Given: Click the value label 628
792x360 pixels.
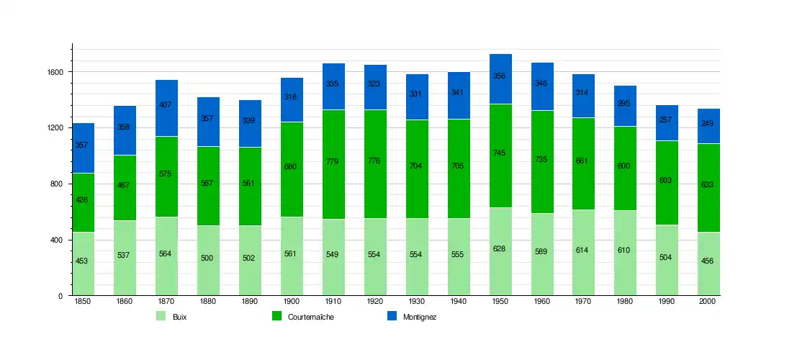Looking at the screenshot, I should point(499,248).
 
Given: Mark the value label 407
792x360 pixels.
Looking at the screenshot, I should point(165,104).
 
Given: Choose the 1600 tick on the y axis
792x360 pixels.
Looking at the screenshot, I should point(56,72).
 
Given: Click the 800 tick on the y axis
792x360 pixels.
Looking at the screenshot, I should point(58,184).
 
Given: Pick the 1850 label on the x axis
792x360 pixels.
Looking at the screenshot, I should point(83,302).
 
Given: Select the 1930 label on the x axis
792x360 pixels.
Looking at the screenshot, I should point(417,302).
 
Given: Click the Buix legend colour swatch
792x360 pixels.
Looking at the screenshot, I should point(161,316).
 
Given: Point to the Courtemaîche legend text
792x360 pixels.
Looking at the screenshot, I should point(310,317).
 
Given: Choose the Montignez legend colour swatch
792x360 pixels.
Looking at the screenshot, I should point(392,316).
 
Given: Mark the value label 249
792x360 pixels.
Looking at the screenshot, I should point(708,123).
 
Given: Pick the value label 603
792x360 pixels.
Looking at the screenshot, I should point(666,180).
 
